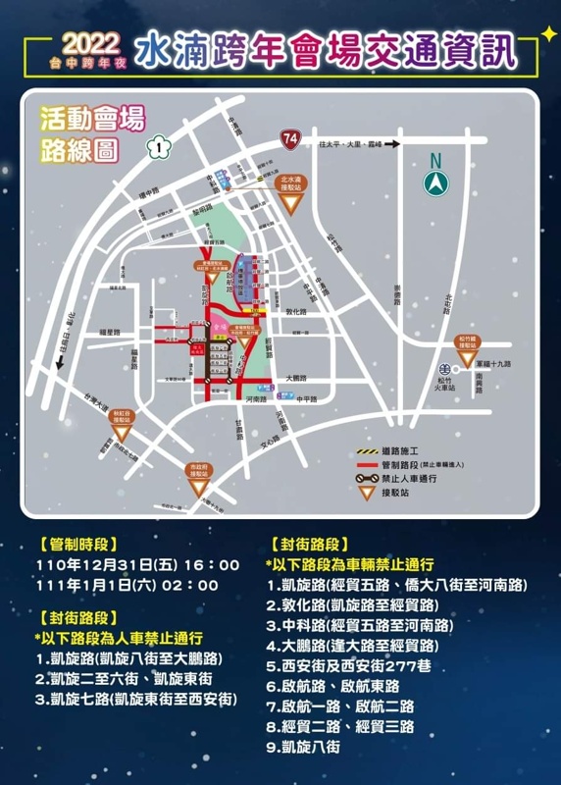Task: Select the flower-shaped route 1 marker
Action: click(x=158, y=148)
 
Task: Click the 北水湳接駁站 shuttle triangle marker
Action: click(x=290, y=202)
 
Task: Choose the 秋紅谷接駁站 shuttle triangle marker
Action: click(x=121, y=431)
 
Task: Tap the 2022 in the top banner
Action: click(x=90, y=44)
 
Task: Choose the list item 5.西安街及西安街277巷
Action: click(x=349, y=665)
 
